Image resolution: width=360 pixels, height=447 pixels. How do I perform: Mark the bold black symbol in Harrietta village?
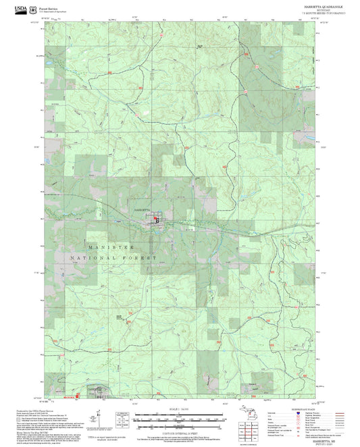(x=157, y=219)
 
